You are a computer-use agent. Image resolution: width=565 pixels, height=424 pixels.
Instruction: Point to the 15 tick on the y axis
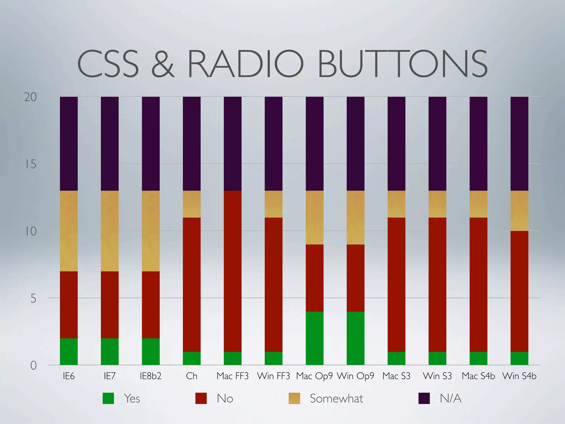click(x=31, y=164)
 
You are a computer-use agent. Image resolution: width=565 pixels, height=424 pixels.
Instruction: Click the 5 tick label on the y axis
click(x=33, y=298)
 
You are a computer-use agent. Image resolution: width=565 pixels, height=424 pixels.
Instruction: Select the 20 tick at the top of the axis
click(x=30, y=97)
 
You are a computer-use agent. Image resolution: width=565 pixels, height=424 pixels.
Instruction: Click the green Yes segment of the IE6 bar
click(x=69, y=351)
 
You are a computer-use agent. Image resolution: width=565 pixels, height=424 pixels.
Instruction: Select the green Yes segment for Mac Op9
click(x=315, y=338)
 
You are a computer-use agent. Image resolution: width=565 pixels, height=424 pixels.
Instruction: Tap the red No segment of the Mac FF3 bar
click(x=233, y=271)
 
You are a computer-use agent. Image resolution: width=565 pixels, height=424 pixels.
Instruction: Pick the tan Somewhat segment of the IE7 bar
click(x=110, y=231)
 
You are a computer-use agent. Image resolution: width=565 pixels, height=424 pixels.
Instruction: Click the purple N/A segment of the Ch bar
click(x=192, y=144)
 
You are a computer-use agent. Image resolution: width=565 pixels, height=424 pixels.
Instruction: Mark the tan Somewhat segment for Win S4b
click(x=519, y=211)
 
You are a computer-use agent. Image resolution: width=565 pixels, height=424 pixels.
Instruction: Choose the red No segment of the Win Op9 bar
click(x=355, y=278)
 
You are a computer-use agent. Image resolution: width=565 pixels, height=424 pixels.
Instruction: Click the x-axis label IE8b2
click(x=150, y=376)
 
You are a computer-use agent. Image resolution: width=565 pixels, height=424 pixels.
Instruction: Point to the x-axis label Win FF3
click(x=273, y=376)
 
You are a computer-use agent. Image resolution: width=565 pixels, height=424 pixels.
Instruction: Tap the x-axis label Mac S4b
click(x=478, y=376)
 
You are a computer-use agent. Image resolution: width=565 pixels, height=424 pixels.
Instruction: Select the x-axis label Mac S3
click(x=396, y=376)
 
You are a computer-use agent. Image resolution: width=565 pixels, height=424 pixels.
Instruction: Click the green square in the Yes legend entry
click(x=108, y=398)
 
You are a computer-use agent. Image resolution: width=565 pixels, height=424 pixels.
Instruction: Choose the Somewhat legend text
click(x=336, y=398)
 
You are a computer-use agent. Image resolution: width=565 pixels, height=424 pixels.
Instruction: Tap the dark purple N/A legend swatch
click(x=424, y=398)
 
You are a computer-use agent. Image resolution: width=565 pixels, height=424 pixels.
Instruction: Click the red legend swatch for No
click(x=201, y=398)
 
